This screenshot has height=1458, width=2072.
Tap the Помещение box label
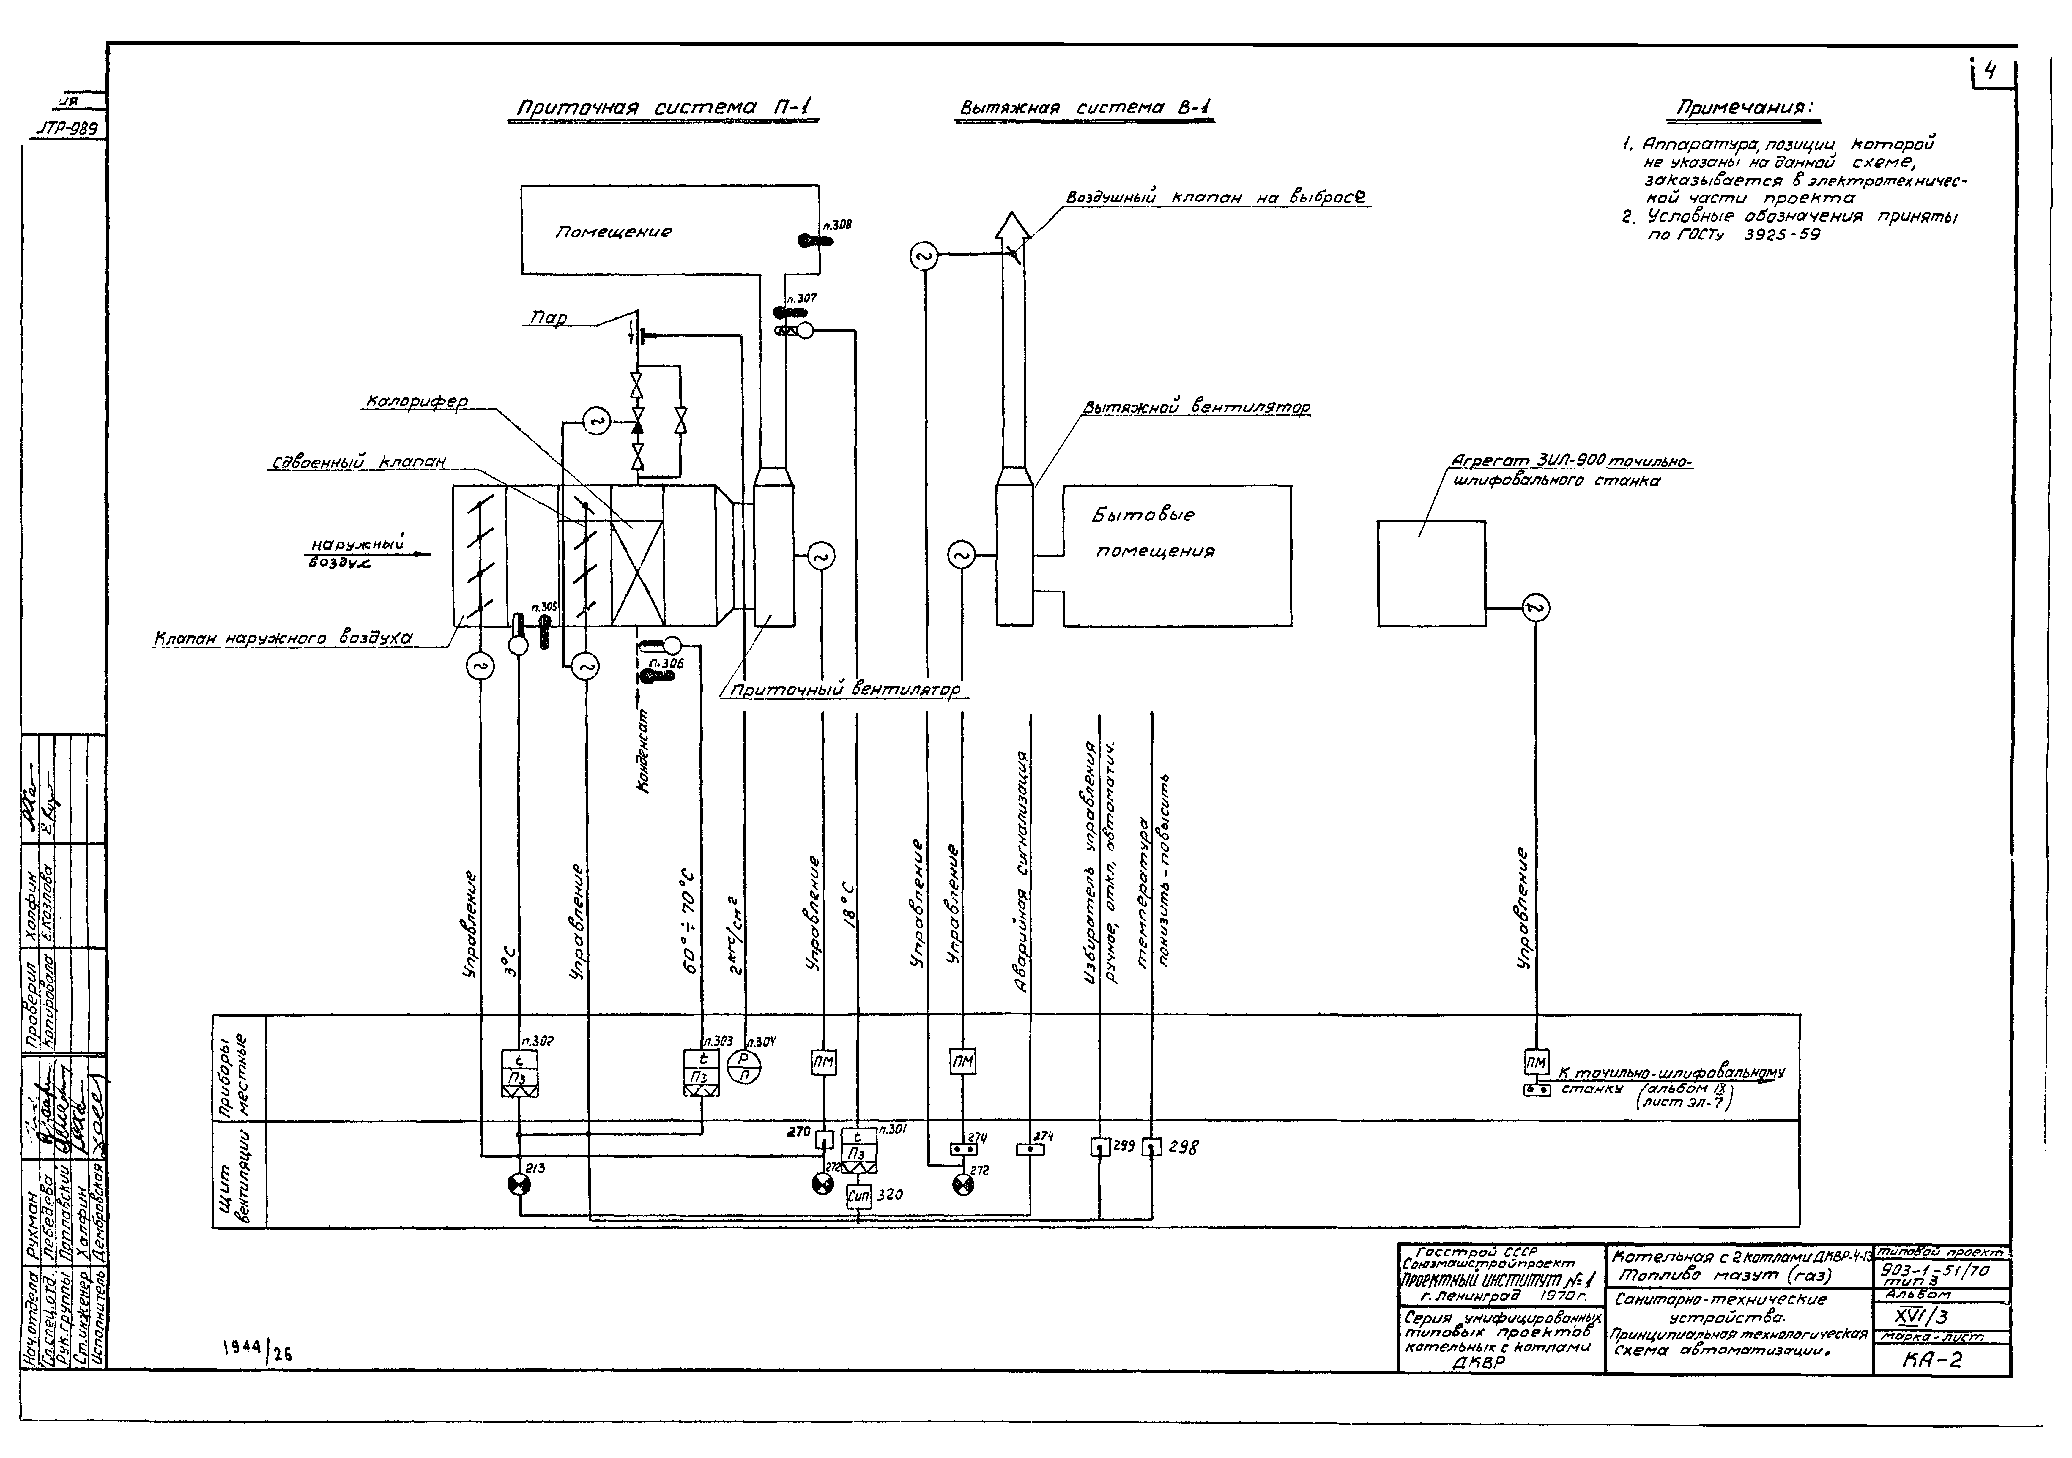(614, 232)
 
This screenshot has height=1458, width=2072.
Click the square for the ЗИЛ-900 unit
(1430, 573)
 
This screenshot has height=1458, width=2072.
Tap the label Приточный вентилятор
(846, 690)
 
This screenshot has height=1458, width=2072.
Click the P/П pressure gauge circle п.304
(745, 1066)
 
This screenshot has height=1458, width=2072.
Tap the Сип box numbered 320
(858, 1195)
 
